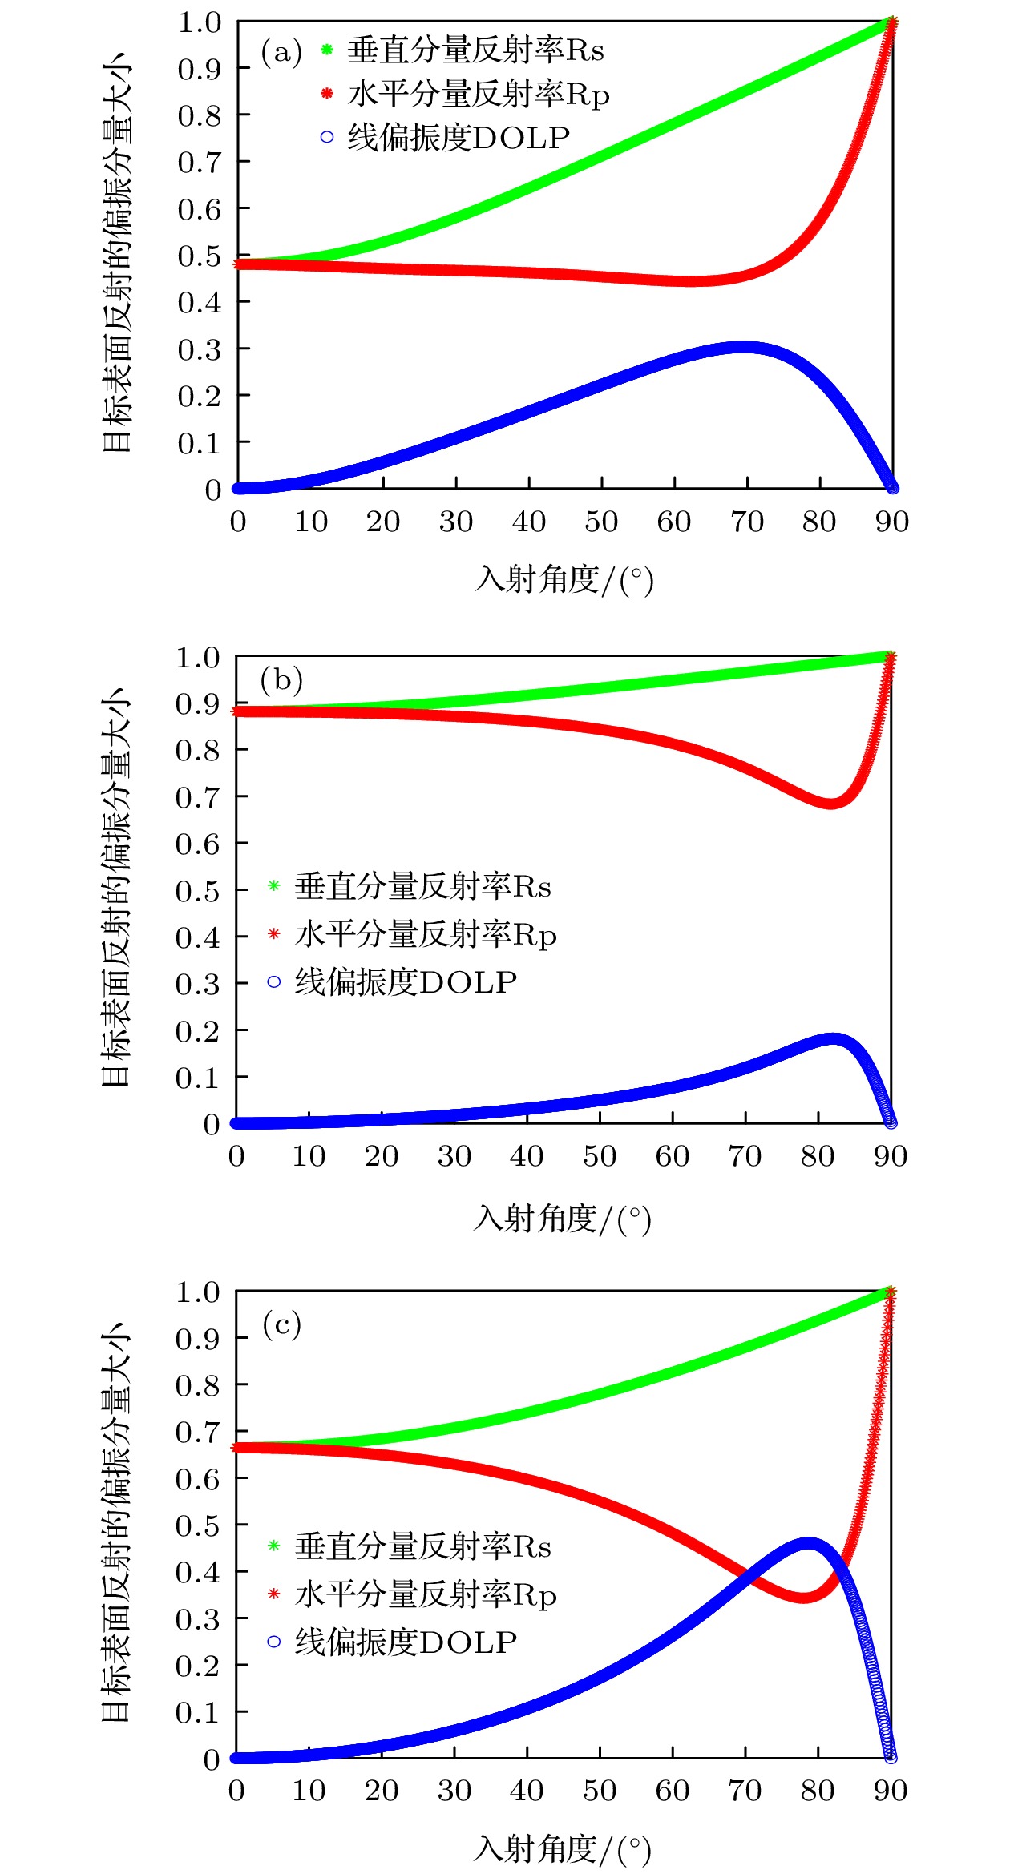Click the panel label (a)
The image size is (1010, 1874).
point(281,53)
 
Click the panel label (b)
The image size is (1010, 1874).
point(281,680)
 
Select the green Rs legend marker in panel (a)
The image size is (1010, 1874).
point(327,50)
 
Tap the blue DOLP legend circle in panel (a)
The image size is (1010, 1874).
point(327,137)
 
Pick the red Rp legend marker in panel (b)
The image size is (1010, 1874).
point(274,934)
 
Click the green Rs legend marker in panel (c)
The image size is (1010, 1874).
point(274,1546)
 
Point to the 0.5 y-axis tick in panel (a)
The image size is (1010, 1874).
point(199,256)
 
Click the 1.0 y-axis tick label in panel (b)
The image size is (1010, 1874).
point(197,658)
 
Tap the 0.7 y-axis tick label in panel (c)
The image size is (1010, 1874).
point(197,1432)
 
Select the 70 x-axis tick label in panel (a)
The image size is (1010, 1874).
point(746,522)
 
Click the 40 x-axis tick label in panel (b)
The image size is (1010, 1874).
point(527,1156)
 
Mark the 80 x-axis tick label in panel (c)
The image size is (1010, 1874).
point(818,1791)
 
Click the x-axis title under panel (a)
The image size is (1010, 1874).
point(564,579)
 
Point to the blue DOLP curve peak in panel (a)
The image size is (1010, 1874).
point(742,348)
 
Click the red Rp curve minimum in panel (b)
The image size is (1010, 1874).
point(830,802)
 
